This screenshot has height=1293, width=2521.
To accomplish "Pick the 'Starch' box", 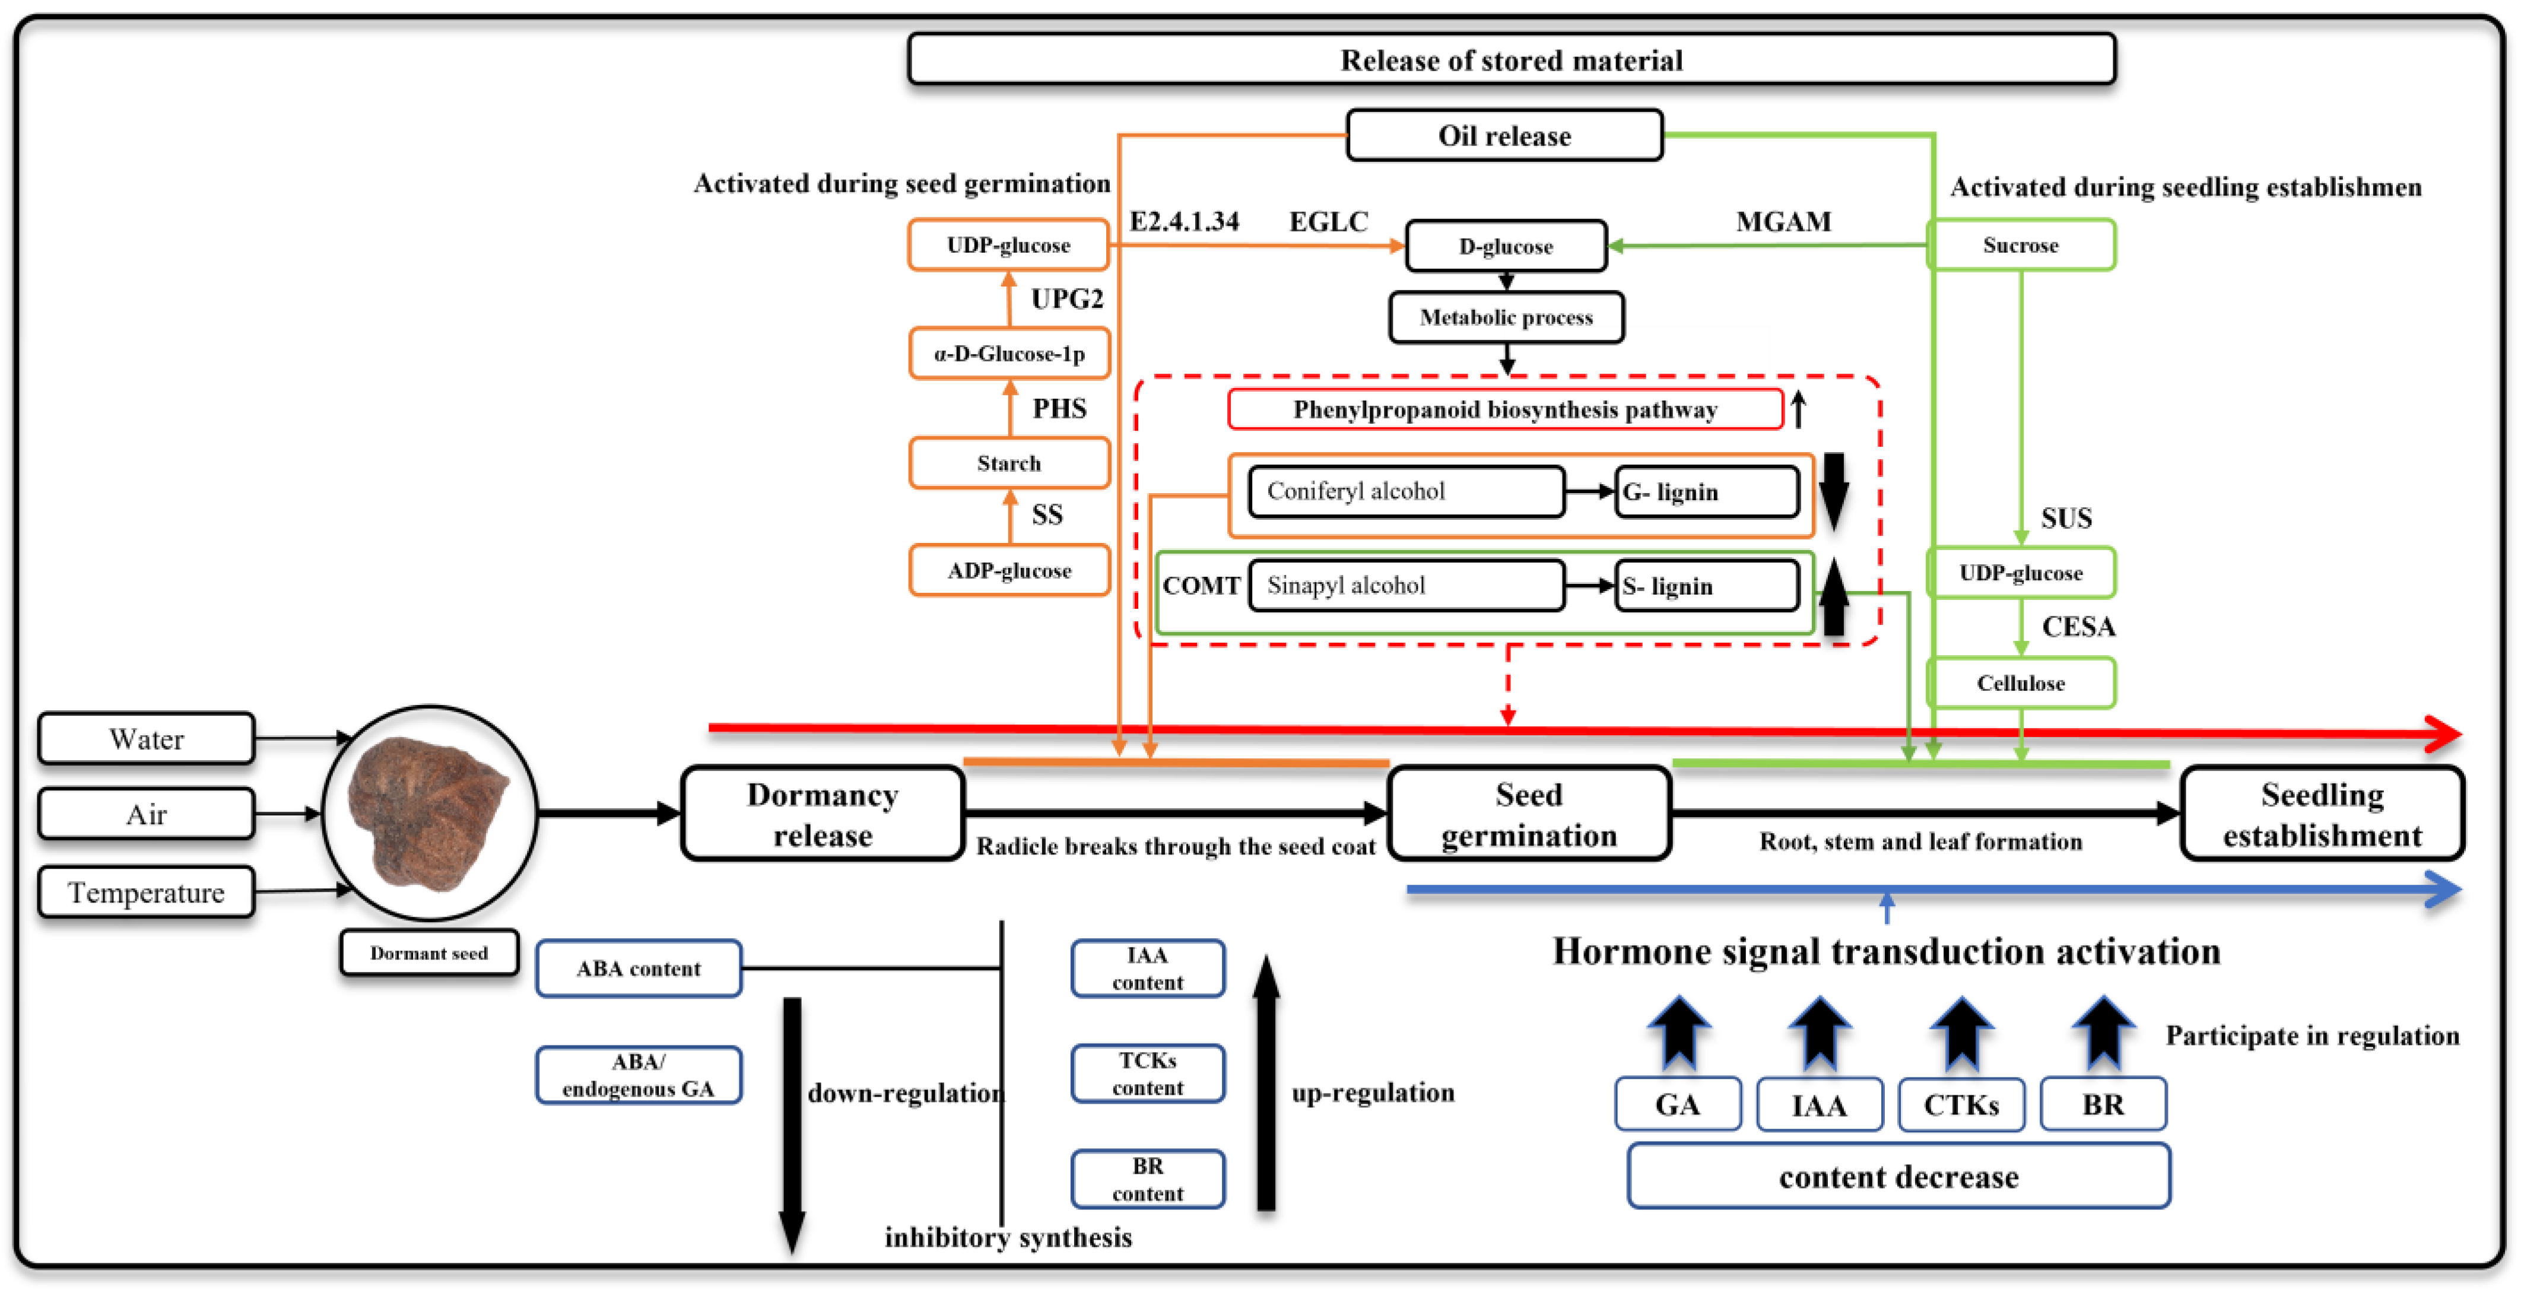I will click(1008, 463).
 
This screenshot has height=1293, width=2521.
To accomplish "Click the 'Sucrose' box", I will click(2020, 244).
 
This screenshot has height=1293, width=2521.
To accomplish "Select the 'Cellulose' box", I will click(2020, 683).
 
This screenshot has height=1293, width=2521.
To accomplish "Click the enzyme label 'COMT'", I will click(1201, 585).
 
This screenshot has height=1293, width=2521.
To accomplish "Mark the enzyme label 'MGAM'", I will click(1783, 222).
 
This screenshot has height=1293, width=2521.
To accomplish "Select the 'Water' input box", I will click(146, 739).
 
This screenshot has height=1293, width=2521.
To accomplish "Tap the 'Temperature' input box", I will click(146, 892).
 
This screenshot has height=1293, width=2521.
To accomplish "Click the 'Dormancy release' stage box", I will click(822, 814).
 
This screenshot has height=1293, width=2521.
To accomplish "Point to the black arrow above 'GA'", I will click(1678, 1033).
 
